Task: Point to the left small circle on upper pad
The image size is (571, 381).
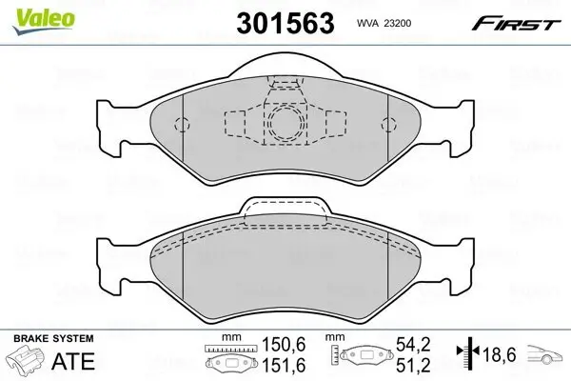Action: click(x=186, y=122)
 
